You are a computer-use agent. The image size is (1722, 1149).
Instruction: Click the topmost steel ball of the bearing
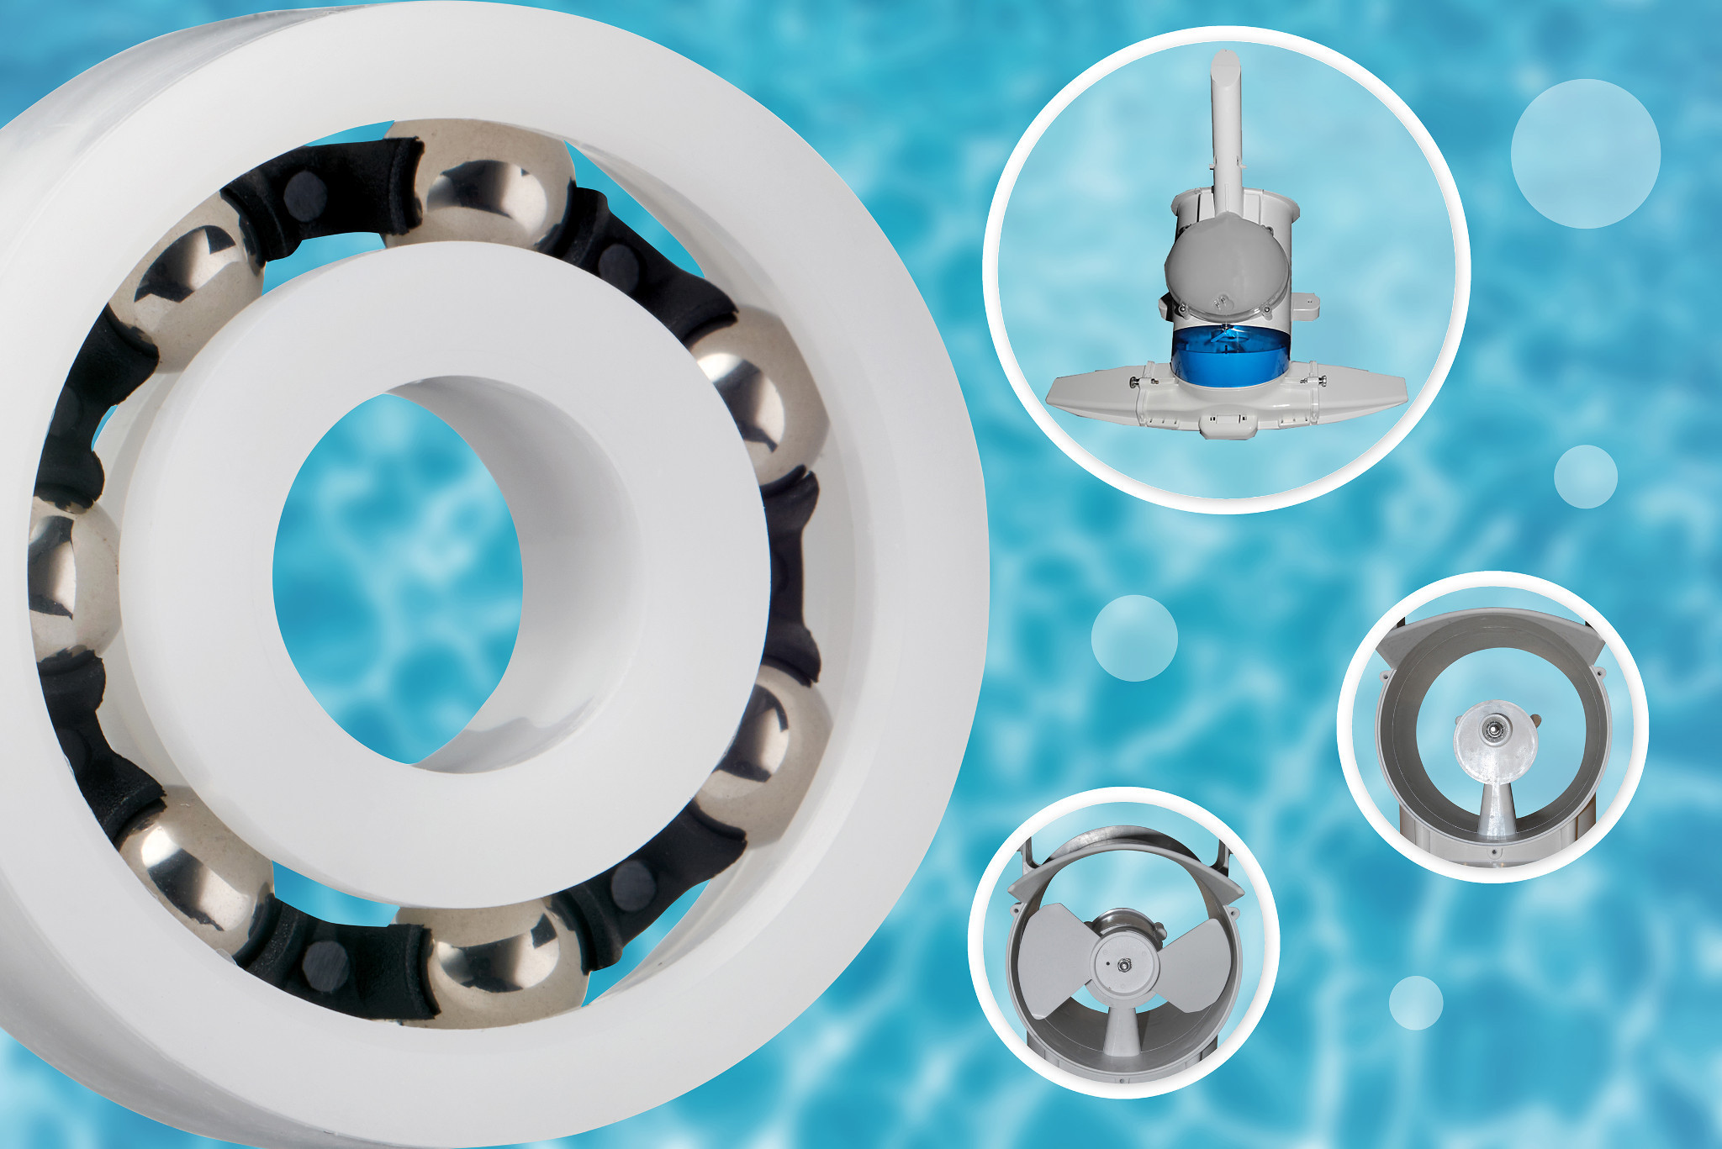(x=479, y=187)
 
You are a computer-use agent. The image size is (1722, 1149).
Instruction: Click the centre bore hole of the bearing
(x=395, y=572)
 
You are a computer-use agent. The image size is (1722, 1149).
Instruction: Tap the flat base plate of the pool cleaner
(x=1093, y=395)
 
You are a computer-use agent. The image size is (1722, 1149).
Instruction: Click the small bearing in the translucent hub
(x=1494, y=729)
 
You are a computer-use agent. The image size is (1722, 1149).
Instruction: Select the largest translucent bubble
(x=1585, y=154)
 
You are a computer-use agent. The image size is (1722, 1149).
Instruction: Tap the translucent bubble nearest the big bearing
(x=1134, y=638)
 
